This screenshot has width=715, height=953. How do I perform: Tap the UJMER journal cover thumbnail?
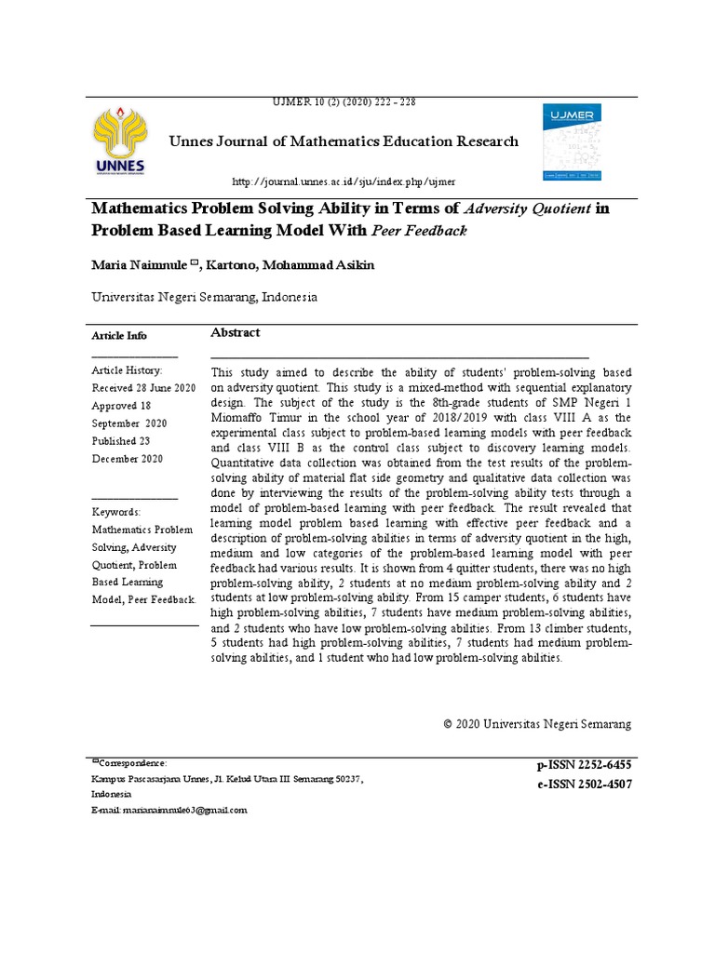coord(573,141)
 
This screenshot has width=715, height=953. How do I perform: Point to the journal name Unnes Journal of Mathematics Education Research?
coord(344,141)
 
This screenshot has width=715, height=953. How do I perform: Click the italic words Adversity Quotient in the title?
coord(527,209)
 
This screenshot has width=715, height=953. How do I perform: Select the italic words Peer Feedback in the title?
coord(420,231)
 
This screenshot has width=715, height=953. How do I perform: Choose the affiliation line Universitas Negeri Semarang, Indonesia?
coord(204,298)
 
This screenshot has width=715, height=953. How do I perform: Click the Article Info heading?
coord(118,336)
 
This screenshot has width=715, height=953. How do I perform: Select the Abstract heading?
coord(236,333)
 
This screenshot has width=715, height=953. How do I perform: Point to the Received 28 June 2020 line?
coord(143,388)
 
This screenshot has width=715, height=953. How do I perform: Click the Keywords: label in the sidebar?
coord(116,512)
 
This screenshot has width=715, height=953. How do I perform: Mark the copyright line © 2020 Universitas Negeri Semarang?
coord(537,723)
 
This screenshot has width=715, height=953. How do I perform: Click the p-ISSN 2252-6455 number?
coord(584,765)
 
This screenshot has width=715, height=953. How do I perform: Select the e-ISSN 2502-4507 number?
coord(584,785)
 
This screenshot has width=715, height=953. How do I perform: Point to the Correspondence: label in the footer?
coord(132,762)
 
